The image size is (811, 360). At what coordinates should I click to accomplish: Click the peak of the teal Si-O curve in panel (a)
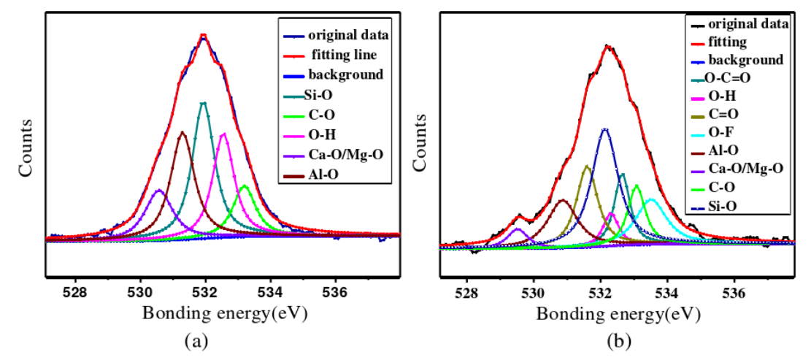pyautogui.click(x=204, y=103)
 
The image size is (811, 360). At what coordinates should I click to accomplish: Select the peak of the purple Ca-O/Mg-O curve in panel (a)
pyautogui.click(x=158, y=191)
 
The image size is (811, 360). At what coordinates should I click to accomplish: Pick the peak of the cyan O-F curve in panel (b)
pyautogui.click(x=650, y=199)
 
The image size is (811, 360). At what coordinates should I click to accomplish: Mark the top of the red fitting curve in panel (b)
pyautogui.click(x=607, y=46)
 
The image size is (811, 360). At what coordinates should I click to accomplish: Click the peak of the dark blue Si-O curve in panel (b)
pyautogui.click(x=604, y=129)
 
